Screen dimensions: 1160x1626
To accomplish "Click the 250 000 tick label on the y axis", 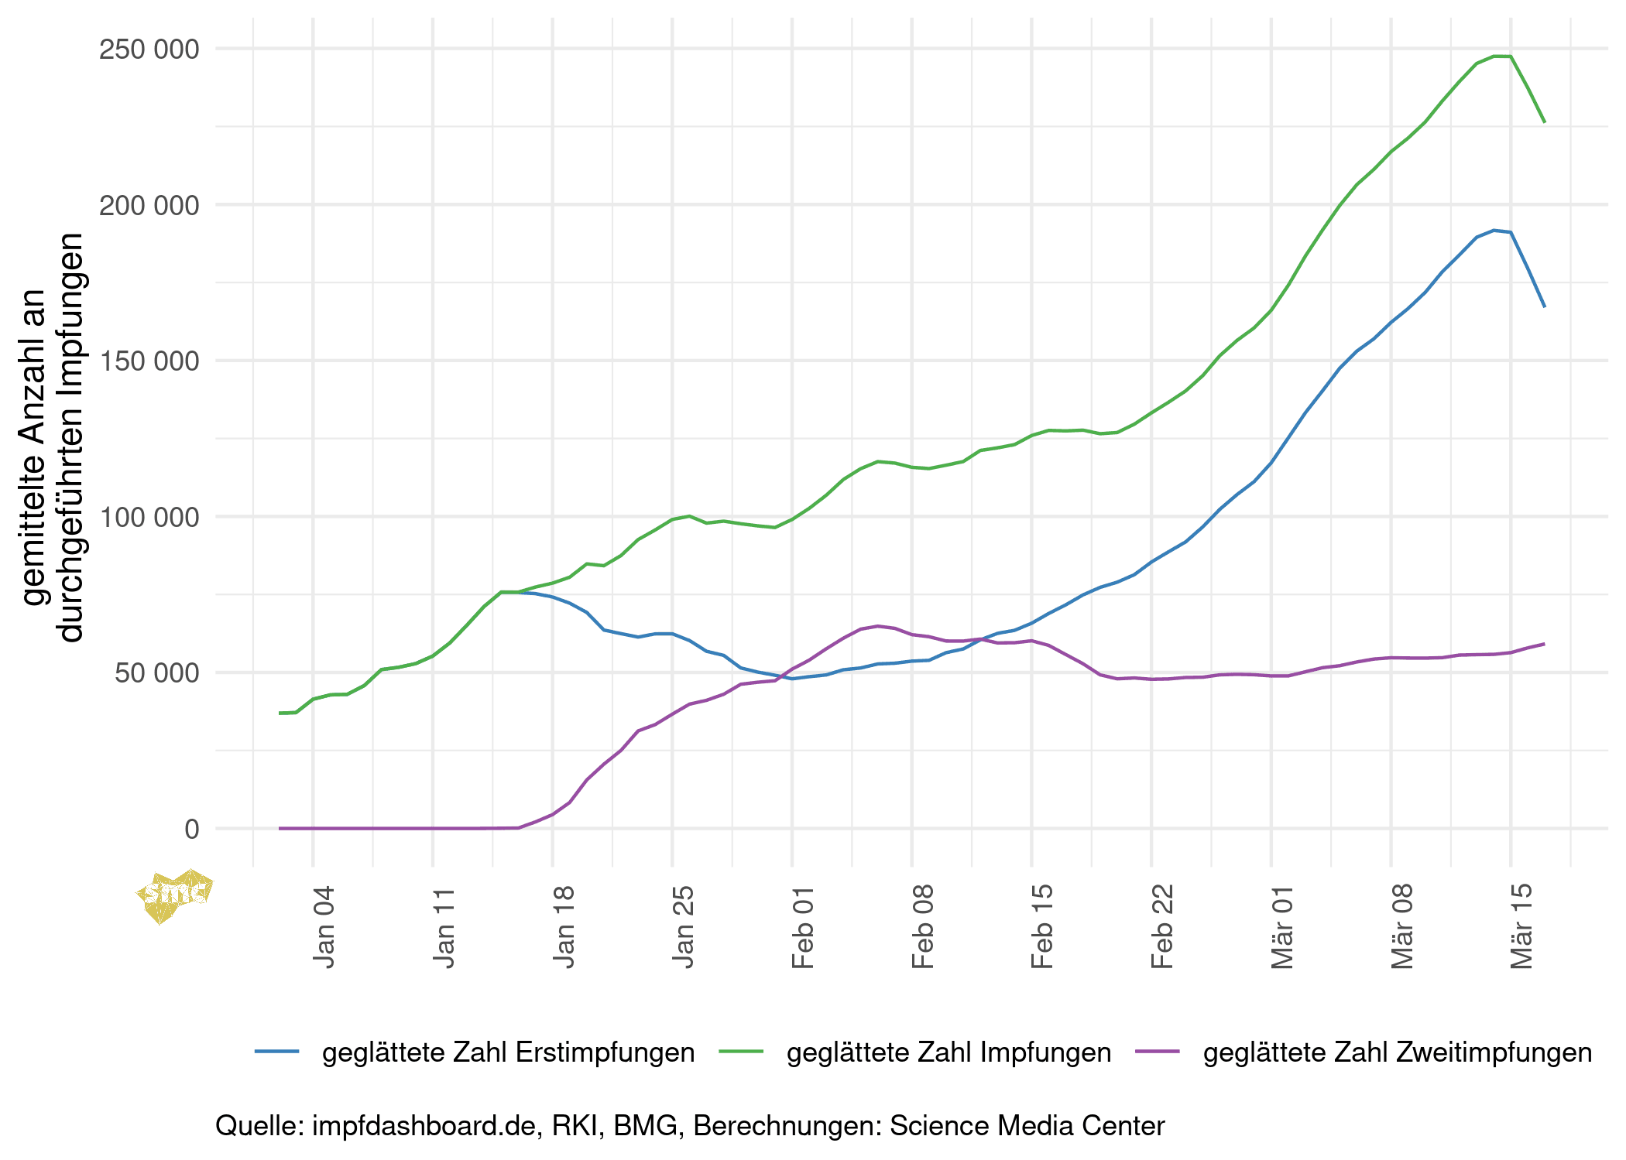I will pyautogui.click(x=149, y=50).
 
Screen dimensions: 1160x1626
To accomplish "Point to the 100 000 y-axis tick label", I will pyautogui.click(x=149, y=518).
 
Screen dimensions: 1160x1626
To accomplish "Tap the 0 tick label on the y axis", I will pyautogui.click(x=192, y=830).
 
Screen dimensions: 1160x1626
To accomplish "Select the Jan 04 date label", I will pyautogui.click(x=324, y=926).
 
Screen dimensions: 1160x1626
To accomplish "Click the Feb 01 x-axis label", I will pyautogui.click(x=803, y=926).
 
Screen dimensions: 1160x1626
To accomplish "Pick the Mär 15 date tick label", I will pyautogui.click(x=1521, y=926).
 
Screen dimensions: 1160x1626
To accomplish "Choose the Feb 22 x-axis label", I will pyautogui.click(x=1162, y=926).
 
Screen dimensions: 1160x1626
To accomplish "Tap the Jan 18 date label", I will pyautogui.click(x=564, y=926).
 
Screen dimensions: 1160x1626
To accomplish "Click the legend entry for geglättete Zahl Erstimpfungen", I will pyautogui.click(x=508, y=1052).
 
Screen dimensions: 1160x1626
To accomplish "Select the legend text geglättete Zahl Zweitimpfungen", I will pyautogui.click(x=1397, y=1052).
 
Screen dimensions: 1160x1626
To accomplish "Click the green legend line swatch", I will pyautogui.click(x=741, y=1051).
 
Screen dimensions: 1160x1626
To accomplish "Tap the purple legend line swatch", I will pyautogui.click(x=1158, y=1051).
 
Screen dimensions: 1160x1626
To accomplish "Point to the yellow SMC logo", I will pyautogui.click(x=174, y=895).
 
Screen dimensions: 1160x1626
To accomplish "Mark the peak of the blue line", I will pyautogui.click(x=1494, y=230).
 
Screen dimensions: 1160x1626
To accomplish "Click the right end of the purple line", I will pyautogui.click(x=1544, y=644).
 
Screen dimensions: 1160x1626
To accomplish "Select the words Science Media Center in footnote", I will pyautogui.click(x=1027, y=1126).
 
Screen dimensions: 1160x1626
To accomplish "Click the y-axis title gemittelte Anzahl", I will pyautogui.click(x=35, y=445).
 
